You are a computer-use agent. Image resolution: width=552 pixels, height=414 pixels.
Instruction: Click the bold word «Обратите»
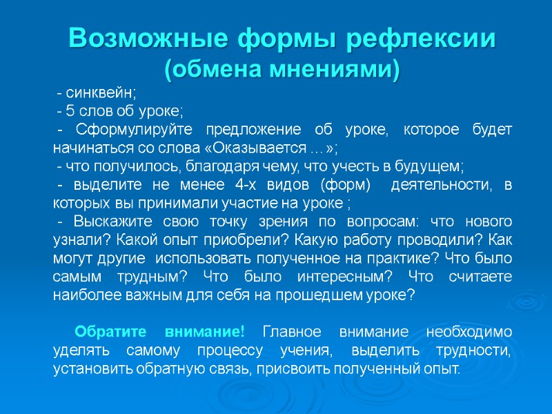click(108, 331)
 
